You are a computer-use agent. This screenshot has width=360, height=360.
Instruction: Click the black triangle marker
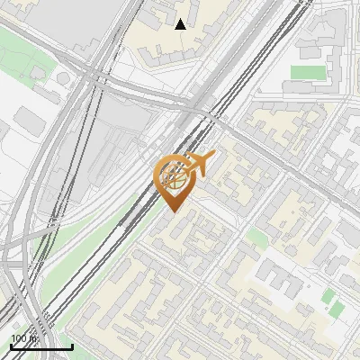pyautogui.click(x=180, y=24)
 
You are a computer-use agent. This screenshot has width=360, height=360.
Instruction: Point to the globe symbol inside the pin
pyautogui.click(x=174, y=176)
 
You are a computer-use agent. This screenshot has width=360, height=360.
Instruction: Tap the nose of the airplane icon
pyautogui.click(x=214, y=154)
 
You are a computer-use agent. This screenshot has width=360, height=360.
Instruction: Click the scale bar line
pyautogui.click(x=41, y=346)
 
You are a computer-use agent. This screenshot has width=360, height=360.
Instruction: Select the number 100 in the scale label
pyautogui.click(x=20, y=339)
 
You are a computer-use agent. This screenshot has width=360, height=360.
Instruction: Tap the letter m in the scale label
pyautogui.click(x=33, y=339)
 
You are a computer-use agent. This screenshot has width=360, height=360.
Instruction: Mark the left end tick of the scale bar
pyautogui.click(x=11, y=346)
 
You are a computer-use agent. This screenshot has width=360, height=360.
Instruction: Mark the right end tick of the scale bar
pyautogui.click(x=72, y=346)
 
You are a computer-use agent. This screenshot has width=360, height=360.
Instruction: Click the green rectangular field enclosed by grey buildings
pyautogui.click(x=306, y=72)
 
